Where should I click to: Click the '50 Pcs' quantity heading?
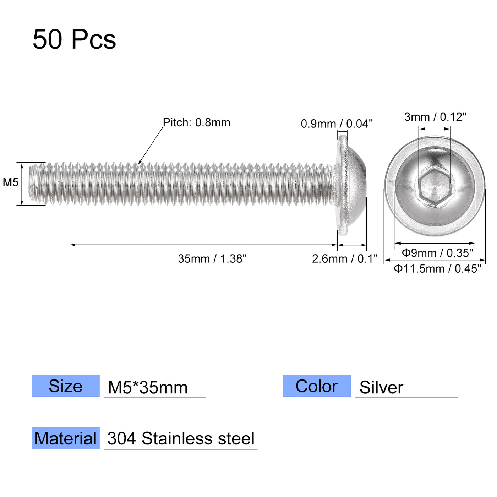(x=74, y=39)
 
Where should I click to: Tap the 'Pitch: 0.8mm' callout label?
(x=196, y=122)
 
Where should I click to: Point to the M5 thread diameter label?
(x=10, y=182)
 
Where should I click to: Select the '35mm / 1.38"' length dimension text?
(x=212, y=259)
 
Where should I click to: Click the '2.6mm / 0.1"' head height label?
(x=344, y=259)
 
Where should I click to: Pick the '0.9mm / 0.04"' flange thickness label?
(x=337, y=124)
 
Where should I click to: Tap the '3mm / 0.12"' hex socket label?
(x=435, y=117)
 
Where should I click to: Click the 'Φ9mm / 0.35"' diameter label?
(x=437, y=253)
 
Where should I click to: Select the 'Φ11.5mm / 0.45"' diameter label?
(x=437, y=269)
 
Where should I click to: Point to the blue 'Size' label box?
(x=66, y=386)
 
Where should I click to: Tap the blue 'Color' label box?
(x=317, y=386)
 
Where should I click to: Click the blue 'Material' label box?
(x=66, y=438)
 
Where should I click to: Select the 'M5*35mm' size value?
(x=148, y=387)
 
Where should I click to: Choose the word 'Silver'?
(x=381, y=387)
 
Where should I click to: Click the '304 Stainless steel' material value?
(x=181, y=439)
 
